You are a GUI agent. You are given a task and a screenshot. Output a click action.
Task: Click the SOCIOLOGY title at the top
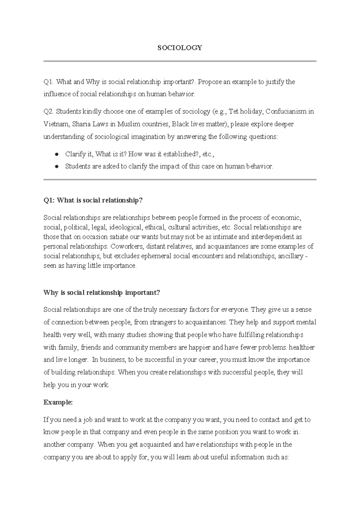tap(180, 48)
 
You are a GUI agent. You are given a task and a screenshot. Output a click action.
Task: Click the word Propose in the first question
tap(209, 82)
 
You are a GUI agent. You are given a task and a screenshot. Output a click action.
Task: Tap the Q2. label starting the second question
tap(49, 112)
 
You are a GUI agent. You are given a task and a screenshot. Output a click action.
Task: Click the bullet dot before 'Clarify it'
tap(56, 154)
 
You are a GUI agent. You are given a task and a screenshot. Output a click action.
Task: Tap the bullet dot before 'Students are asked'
tap(56, 167)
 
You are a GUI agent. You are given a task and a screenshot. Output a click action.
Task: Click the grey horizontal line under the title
tap(180, 61)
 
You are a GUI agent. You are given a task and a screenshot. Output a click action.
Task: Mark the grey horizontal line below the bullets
tap(180, 179)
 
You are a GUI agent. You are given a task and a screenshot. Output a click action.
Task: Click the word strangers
tap(162, 322)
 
